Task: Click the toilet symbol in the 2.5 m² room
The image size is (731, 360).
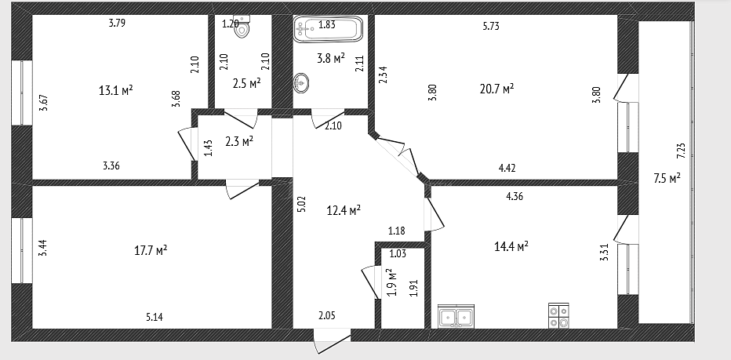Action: point(242,26)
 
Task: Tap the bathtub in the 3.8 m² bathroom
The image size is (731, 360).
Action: point(328,29)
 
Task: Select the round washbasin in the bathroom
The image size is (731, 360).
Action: point(301,83)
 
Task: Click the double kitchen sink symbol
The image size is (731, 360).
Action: point(456,316)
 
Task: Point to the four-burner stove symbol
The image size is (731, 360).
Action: point(558,316)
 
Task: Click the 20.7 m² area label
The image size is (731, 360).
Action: point(496,89)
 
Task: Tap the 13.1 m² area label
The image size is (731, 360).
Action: point(115,90)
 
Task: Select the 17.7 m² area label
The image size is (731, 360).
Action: point(151,250)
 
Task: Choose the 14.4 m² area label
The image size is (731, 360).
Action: point(511,245)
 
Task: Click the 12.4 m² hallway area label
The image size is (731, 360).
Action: point(344,211)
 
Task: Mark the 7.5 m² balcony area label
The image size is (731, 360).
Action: point(667,179)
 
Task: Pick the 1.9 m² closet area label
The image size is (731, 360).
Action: point(391,282)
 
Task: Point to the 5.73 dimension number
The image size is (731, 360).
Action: point(491,27)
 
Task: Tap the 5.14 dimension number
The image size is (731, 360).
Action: point(155,317)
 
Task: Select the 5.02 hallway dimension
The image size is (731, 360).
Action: point(301,204)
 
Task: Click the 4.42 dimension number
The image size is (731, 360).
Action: point(507,168)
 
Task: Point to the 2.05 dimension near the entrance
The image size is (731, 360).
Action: point(327,316)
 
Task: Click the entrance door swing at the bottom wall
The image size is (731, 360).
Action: point(332,341)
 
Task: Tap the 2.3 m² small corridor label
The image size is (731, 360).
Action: point(239,141)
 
